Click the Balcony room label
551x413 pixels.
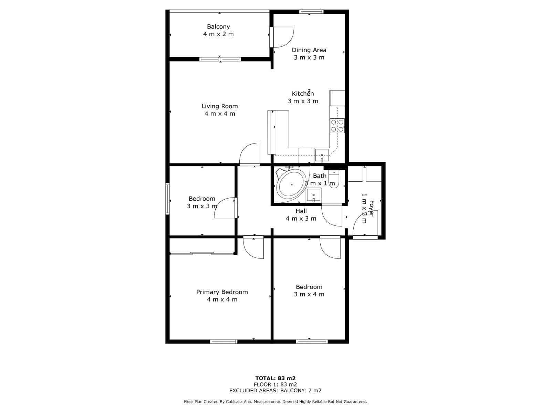click(x=218, y=27)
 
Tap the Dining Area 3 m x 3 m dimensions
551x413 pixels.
click(x=309, y=57)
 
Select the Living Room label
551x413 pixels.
click(x=220, y=106)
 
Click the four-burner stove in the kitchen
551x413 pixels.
click(x=337, y=126)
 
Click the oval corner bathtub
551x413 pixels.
click(x=291, y=185)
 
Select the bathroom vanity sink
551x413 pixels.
click(x=313, y=195)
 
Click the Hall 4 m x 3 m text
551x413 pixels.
click(x=301, y=219)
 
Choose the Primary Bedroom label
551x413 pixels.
click(x=222, y=292)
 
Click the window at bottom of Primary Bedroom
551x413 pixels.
click(x=224, y=341)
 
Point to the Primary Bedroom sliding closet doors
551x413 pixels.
click(x=202, y=254)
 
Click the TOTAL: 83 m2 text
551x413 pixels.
click(x=275, y=378)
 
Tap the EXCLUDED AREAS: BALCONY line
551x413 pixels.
click(x=275, y=391)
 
